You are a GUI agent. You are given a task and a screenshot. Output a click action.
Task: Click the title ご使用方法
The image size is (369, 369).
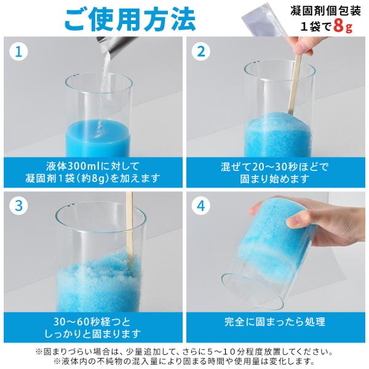tap(130, 20)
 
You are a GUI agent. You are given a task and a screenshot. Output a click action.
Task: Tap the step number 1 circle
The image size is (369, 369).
tap(18, 52)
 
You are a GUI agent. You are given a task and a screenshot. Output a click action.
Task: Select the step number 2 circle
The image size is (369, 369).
tap(200, 52)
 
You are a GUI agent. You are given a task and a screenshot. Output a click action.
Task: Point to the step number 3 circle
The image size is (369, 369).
tap(18, 205)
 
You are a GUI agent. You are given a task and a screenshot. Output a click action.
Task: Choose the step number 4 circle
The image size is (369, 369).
tap(200, 205)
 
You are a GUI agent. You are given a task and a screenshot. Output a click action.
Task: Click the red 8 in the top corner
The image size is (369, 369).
tap(339, 26)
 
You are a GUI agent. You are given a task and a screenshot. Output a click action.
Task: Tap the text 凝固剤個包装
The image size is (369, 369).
tap(325, 10)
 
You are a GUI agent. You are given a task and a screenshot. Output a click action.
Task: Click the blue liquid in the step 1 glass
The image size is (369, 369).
tap(98, 138)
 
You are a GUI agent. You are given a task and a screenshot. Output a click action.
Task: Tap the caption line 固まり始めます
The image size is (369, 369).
tap(275, 178)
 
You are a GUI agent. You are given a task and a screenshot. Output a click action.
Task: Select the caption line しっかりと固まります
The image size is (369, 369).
tap(93, 333)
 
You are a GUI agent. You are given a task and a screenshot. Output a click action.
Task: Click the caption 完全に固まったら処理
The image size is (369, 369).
tap(275, 322)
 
